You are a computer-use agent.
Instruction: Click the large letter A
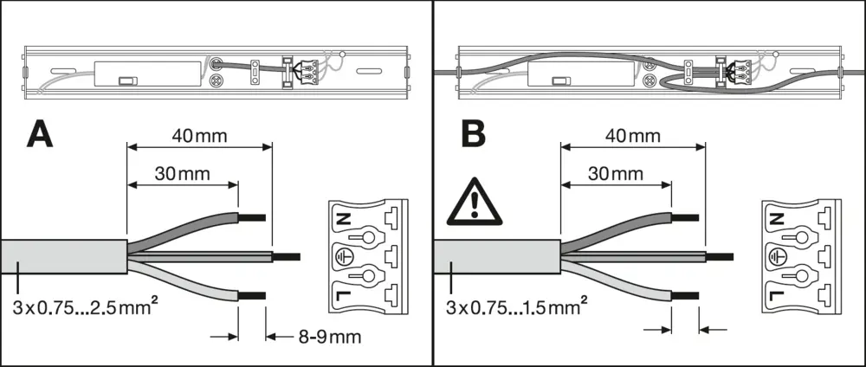[42, 137]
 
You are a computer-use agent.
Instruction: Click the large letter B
[473, 137]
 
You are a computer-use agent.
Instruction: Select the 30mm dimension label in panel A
[182, 173]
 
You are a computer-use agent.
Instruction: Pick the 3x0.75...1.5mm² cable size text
[516, 307]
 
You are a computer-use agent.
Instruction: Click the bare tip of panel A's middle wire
[286, 257]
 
